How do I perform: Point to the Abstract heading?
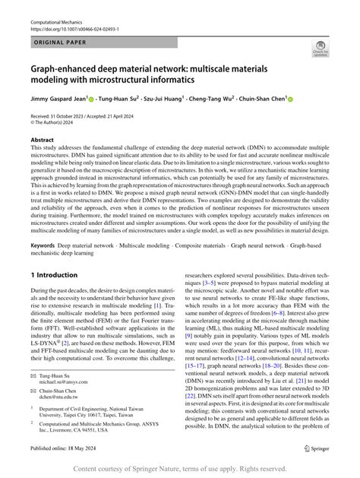[43, 141]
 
